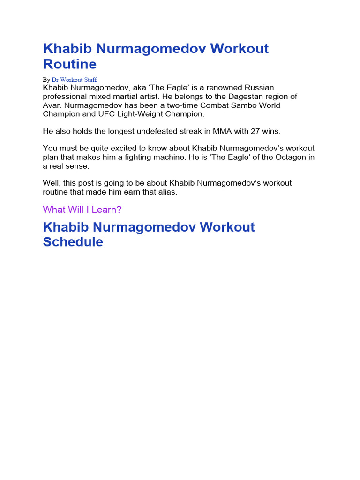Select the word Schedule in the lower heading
pos(73,242)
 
